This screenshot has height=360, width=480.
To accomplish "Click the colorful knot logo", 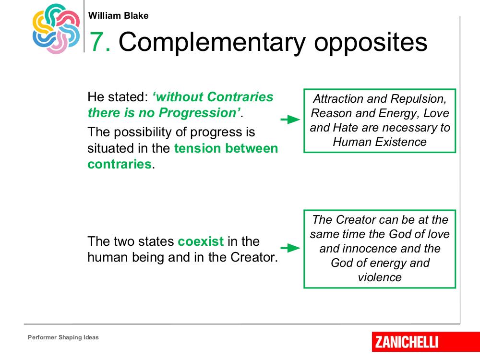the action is [56, 29].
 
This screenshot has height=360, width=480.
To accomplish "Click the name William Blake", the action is [118, 16].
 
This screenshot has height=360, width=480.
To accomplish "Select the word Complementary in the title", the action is [212, 43].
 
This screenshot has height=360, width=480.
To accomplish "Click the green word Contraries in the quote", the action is [240, 97].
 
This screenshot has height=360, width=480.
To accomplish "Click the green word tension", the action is [197, 148].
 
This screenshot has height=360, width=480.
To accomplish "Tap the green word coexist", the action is [201, 241].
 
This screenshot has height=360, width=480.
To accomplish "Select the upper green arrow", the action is [290, 120].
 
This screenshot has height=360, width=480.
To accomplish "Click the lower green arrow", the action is [290, 248].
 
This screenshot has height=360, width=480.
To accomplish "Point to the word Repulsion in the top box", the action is [418, 99].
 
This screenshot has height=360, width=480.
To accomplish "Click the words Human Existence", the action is [380, 142].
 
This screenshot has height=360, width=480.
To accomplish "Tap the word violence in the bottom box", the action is [380, 277].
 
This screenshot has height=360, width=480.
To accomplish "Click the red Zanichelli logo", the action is [426, 342].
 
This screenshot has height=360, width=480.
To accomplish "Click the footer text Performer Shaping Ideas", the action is [63, 337].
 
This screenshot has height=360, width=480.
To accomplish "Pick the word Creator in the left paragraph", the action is [254, 257].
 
